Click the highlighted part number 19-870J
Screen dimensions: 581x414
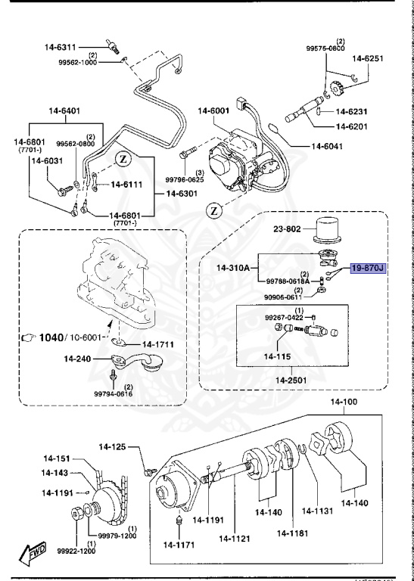click(x=367, y=268)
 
